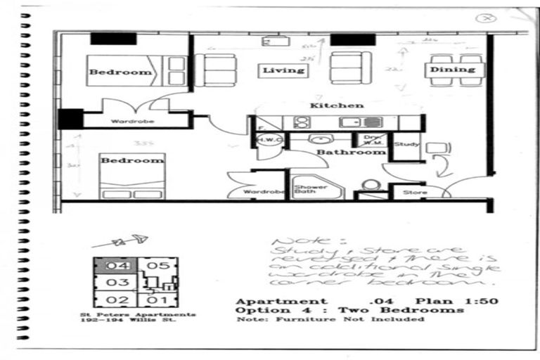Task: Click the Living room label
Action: [283, 70]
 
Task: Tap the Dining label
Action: [453, 70]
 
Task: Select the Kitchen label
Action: [337, 105]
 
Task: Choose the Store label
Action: [415, 191]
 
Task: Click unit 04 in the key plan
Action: [121, 266]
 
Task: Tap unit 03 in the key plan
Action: [120, 283]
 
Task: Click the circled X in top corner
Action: [484, 19]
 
